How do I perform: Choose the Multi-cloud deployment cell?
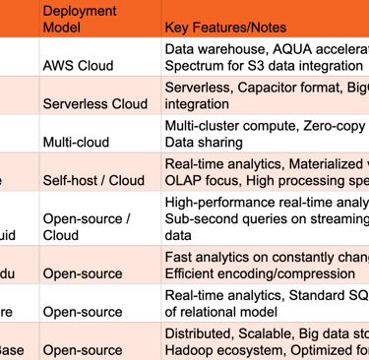tap(76, 142)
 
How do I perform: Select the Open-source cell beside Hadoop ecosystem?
tap(83, 350)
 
